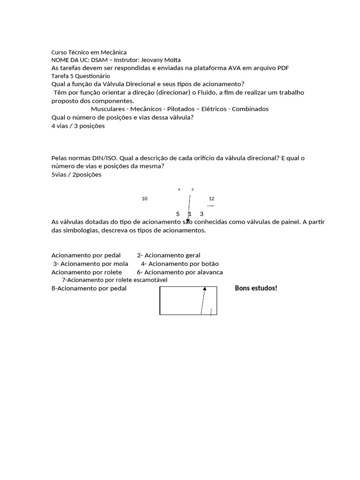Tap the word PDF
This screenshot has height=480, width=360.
(282, 68)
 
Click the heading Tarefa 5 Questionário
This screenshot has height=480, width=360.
(80, 75)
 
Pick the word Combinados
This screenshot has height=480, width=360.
(250, 109)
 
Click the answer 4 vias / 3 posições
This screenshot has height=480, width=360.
(78, 126)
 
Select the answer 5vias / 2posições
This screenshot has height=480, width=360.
(76, 175)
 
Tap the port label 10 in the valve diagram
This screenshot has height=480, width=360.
(144, 199)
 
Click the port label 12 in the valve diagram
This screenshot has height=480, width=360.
(211, 199)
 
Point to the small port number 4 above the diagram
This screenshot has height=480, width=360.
(179, 189)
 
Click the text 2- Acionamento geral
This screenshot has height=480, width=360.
(169, 255)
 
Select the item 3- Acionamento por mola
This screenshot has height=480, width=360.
(90, 264)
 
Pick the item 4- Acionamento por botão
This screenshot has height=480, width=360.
(180, 264)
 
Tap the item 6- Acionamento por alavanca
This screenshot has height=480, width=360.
(180, 272)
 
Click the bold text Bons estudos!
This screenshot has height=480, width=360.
(256, 288)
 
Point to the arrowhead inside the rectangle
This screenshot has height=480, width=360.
(204, 290)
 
